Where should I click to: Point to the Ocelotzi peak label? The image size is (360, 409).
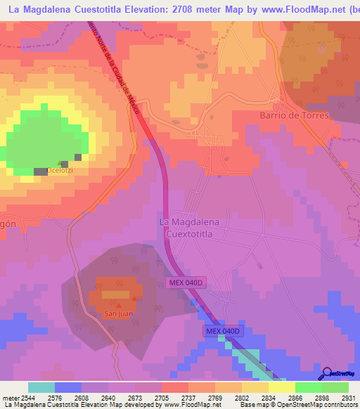pyautogui.click(x=59, y=171)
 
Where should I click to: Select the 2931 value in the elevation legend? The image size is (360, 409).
pyautogui.click(x=349, y=397)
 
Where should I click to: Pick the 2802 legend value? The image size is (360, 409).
pyautogui.click(x=242, y=397)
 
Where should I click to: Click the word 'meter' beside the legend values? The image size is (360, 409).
pyautogui.click(x=8, y=397)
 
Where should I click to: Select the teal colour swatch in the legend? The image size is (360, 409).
pyautogui.click(x=41, y=387)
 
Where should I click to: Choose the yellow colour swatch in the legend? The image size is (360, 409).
pyautogui.click(x=281, y=387)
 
